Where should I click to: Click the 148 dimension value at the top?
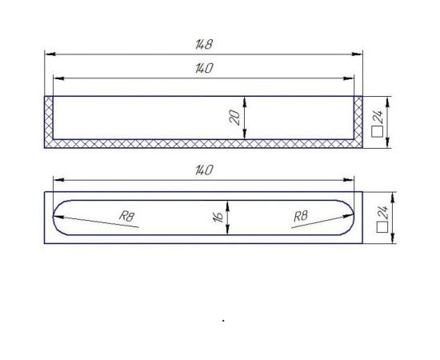tap(204, 45)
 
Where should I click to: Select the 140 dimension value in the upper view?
tap(204, 70)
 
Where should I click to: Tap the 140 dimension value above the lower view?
tap(204, 170)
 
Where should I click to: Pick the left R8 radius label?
tap(126, 215)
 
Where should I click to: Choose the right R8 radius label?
tap(301, 215)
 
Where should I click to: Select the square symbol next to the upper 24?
tap(381, 132)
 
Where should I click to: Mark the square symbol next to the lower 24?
tap(381, 230)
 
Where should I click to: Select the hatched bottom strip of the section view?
tap(204, 144)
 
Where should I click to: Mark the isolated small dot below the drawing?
tap(223, 320)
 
